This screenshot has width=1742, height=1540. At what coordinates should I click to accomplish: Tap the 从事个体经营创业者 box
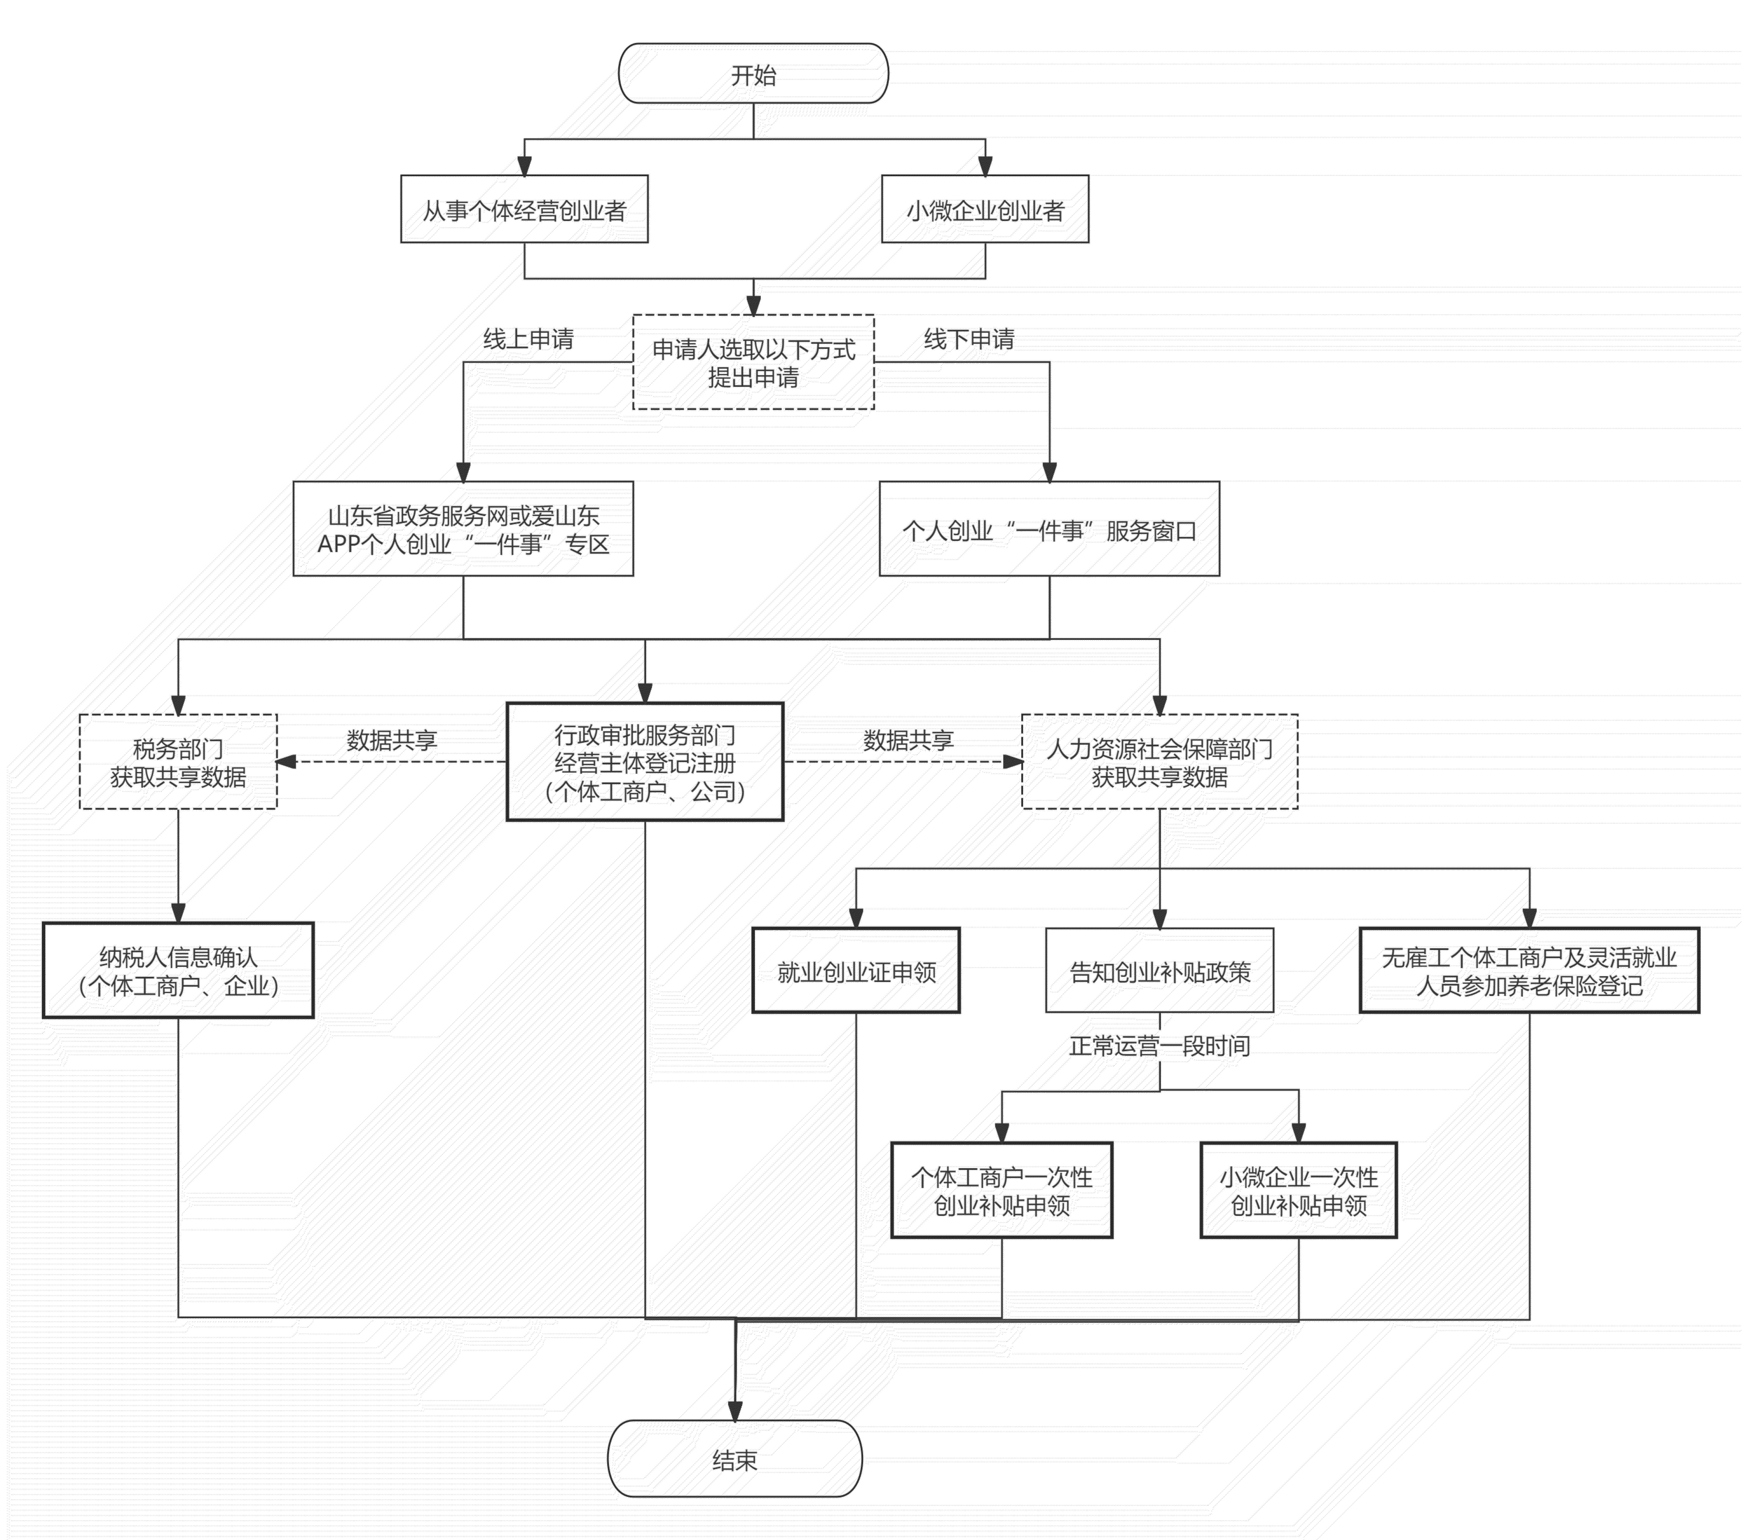pyautogui.click(x=524, y=210)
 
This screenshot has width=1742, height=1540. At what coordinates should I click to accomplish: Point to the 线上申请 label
pyautogui.click(x=528, y=339)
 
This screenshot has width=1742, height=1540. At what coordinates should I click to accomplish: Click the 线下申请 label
pyautogui.click(x=969, y=339)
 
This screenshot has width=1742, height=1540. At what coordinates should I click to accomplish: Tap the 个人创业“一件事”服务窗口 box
pyautogui.click(x=1049, y=529)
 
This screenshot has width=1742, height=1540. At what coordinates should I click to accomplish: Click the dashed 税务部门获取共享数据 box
pyautogui.click(x=178, y=762)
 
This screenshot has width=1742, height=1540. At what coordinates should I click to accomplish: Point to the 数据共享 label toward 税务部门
pyautogui.click(x=392, y=740)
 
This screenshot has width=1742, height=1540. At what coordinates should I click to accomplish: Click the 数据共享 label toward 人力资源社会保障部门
pyautogui.click(x=908, y=740)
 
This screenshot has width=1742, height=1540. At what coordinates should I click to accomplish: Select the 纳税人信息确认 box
pyautogui.click(x=178, y=971)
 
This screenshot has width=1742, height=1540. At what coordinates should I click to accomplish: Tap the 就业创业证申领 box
pyautogui.click(x=856, y=971)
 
